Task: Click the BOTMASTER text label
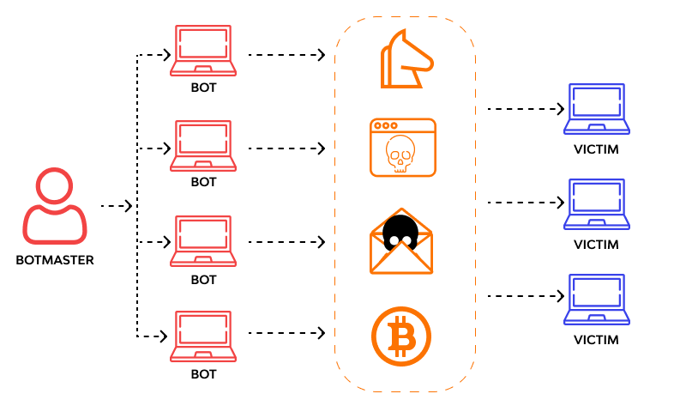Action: (55, 259)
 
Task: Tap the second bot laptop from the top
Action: (203, 145)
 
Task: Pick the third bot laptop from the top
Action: (203, 241)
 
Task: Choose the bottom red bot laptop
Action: (203, 336)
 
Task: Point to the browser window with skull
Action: (403, 148)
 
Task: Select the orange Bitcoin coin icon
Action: (400, 336)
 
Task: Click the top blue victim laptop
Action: (596, 109)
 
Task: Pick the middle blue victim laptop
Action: (596, 204)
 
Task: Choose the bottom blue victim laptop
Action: (596, 300)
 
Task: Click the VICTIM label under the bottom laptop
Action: (596, 340)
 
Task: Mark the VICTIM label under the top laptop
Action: (596, 149)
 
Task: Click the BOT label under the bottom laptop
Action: (203, 374)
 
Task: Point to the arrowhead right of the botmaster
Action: (129, 206)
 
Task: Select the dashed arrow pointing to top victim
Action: (526, 109)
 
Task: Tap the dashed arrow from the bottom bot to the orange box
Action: (286, 332)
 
